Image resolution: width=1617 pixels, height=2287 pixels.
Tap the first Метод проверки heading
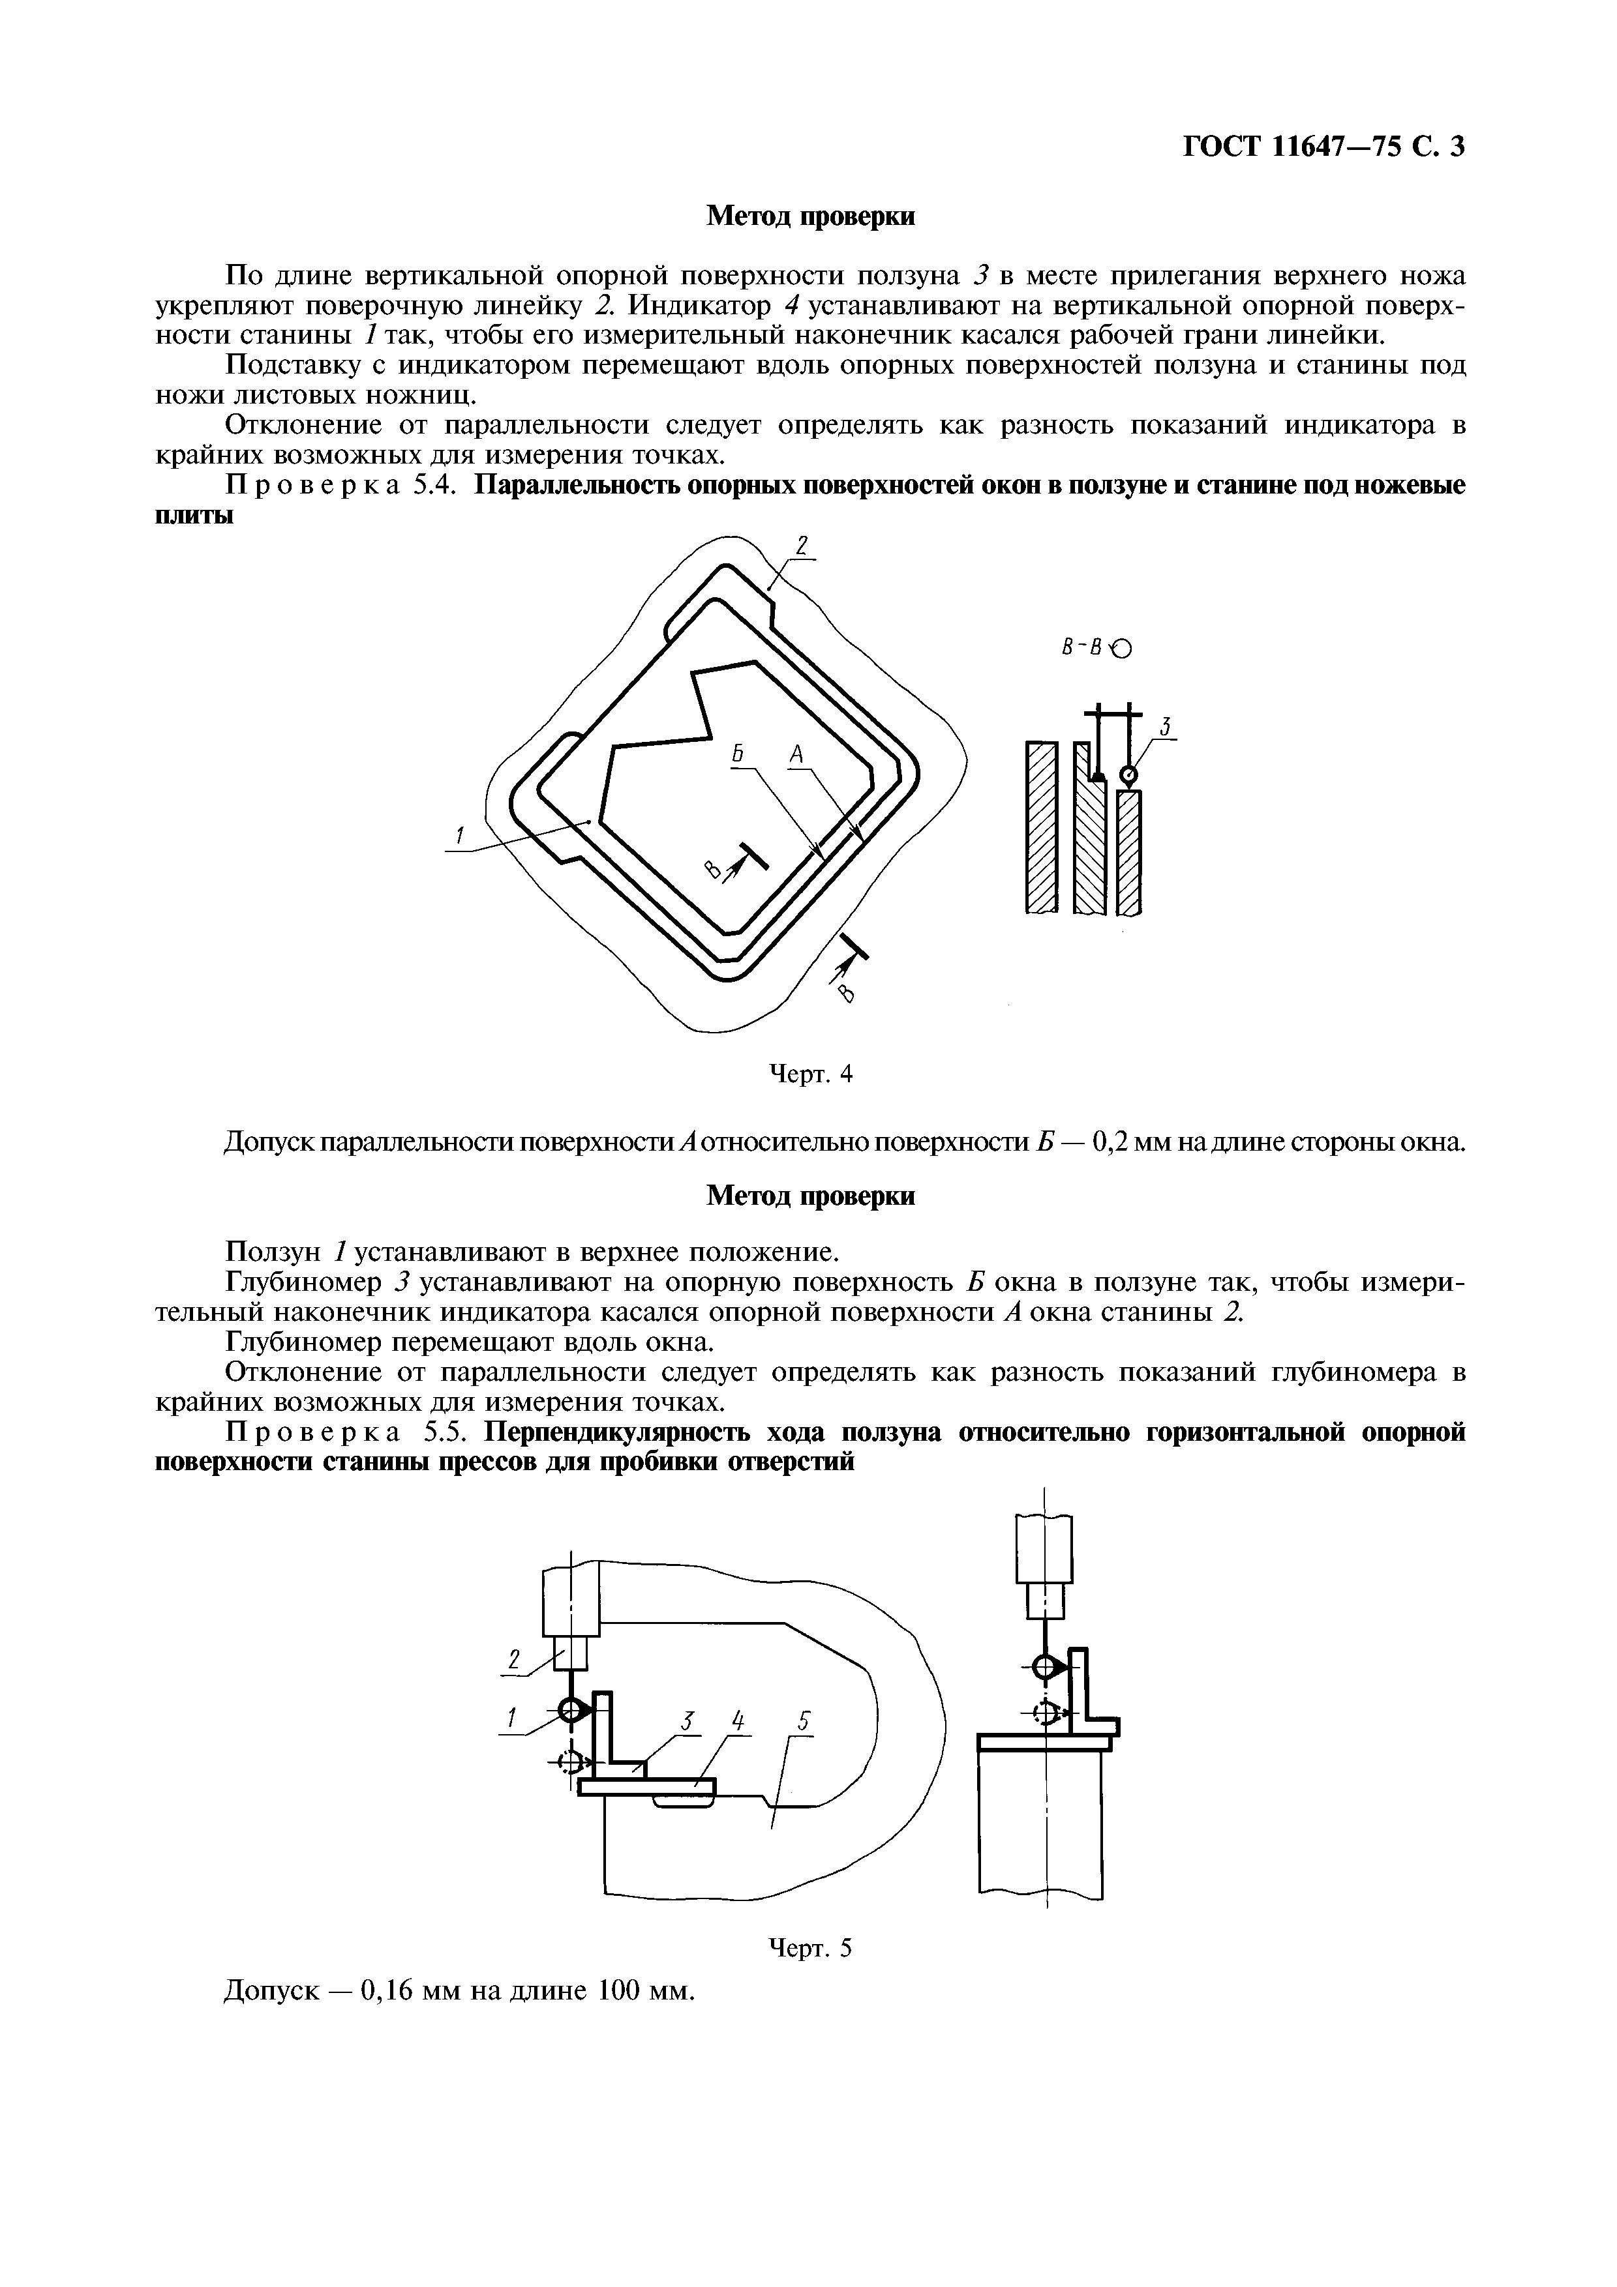click(x=810, y=216)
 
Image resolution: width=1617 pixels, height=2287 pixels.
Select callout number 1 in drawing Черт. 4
click(x=461, y=836)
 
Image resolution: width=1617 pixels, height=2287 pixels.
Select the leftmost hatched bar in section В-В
click(x=1040, y=826)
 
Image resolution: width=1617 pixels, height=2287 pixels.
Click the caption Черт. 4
click(x=810, y=1074)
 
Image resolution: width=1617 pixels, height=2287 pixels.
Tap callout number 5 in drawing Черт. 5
click(x=803, y=1721)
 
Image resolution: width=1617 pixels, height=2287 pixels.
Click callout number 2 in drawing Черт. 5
click(x=514, y=1659)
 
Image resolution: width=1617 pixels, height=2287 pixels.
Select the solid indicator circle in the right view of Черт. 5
click(x=1043, y=1666)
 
